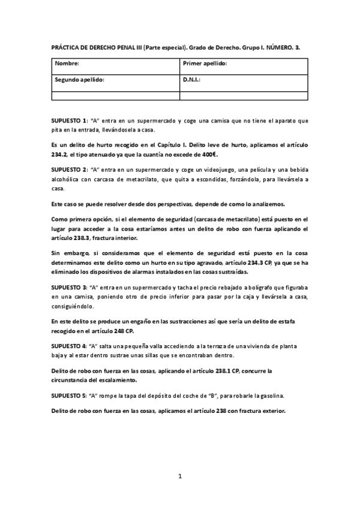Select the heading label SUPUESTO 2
pyautogui.click(x=69, y=170)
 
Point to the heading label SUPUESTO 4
pyautogui.click(x=69, y=348)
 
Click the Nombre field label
pyautogui.click(x=67, y=63)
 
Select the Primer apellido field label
pyautogui.click(x=204, y=63)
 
